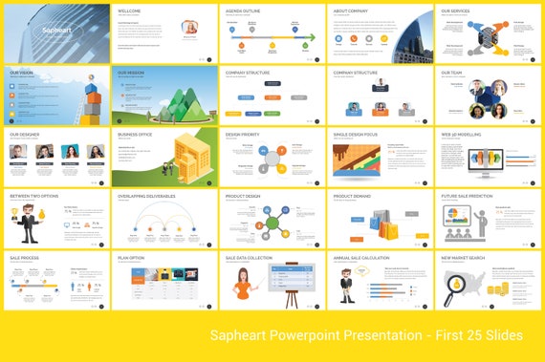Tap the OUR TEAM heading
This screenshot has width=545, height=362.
[x=450, y=72]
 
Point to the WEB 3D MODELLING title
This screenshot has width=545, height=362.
[x=460, y=134]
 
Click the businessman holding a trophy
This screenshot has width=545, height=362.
[x=24, y=224]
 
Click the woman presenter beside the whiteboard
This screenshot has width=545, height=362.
[x=243, y=285]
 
